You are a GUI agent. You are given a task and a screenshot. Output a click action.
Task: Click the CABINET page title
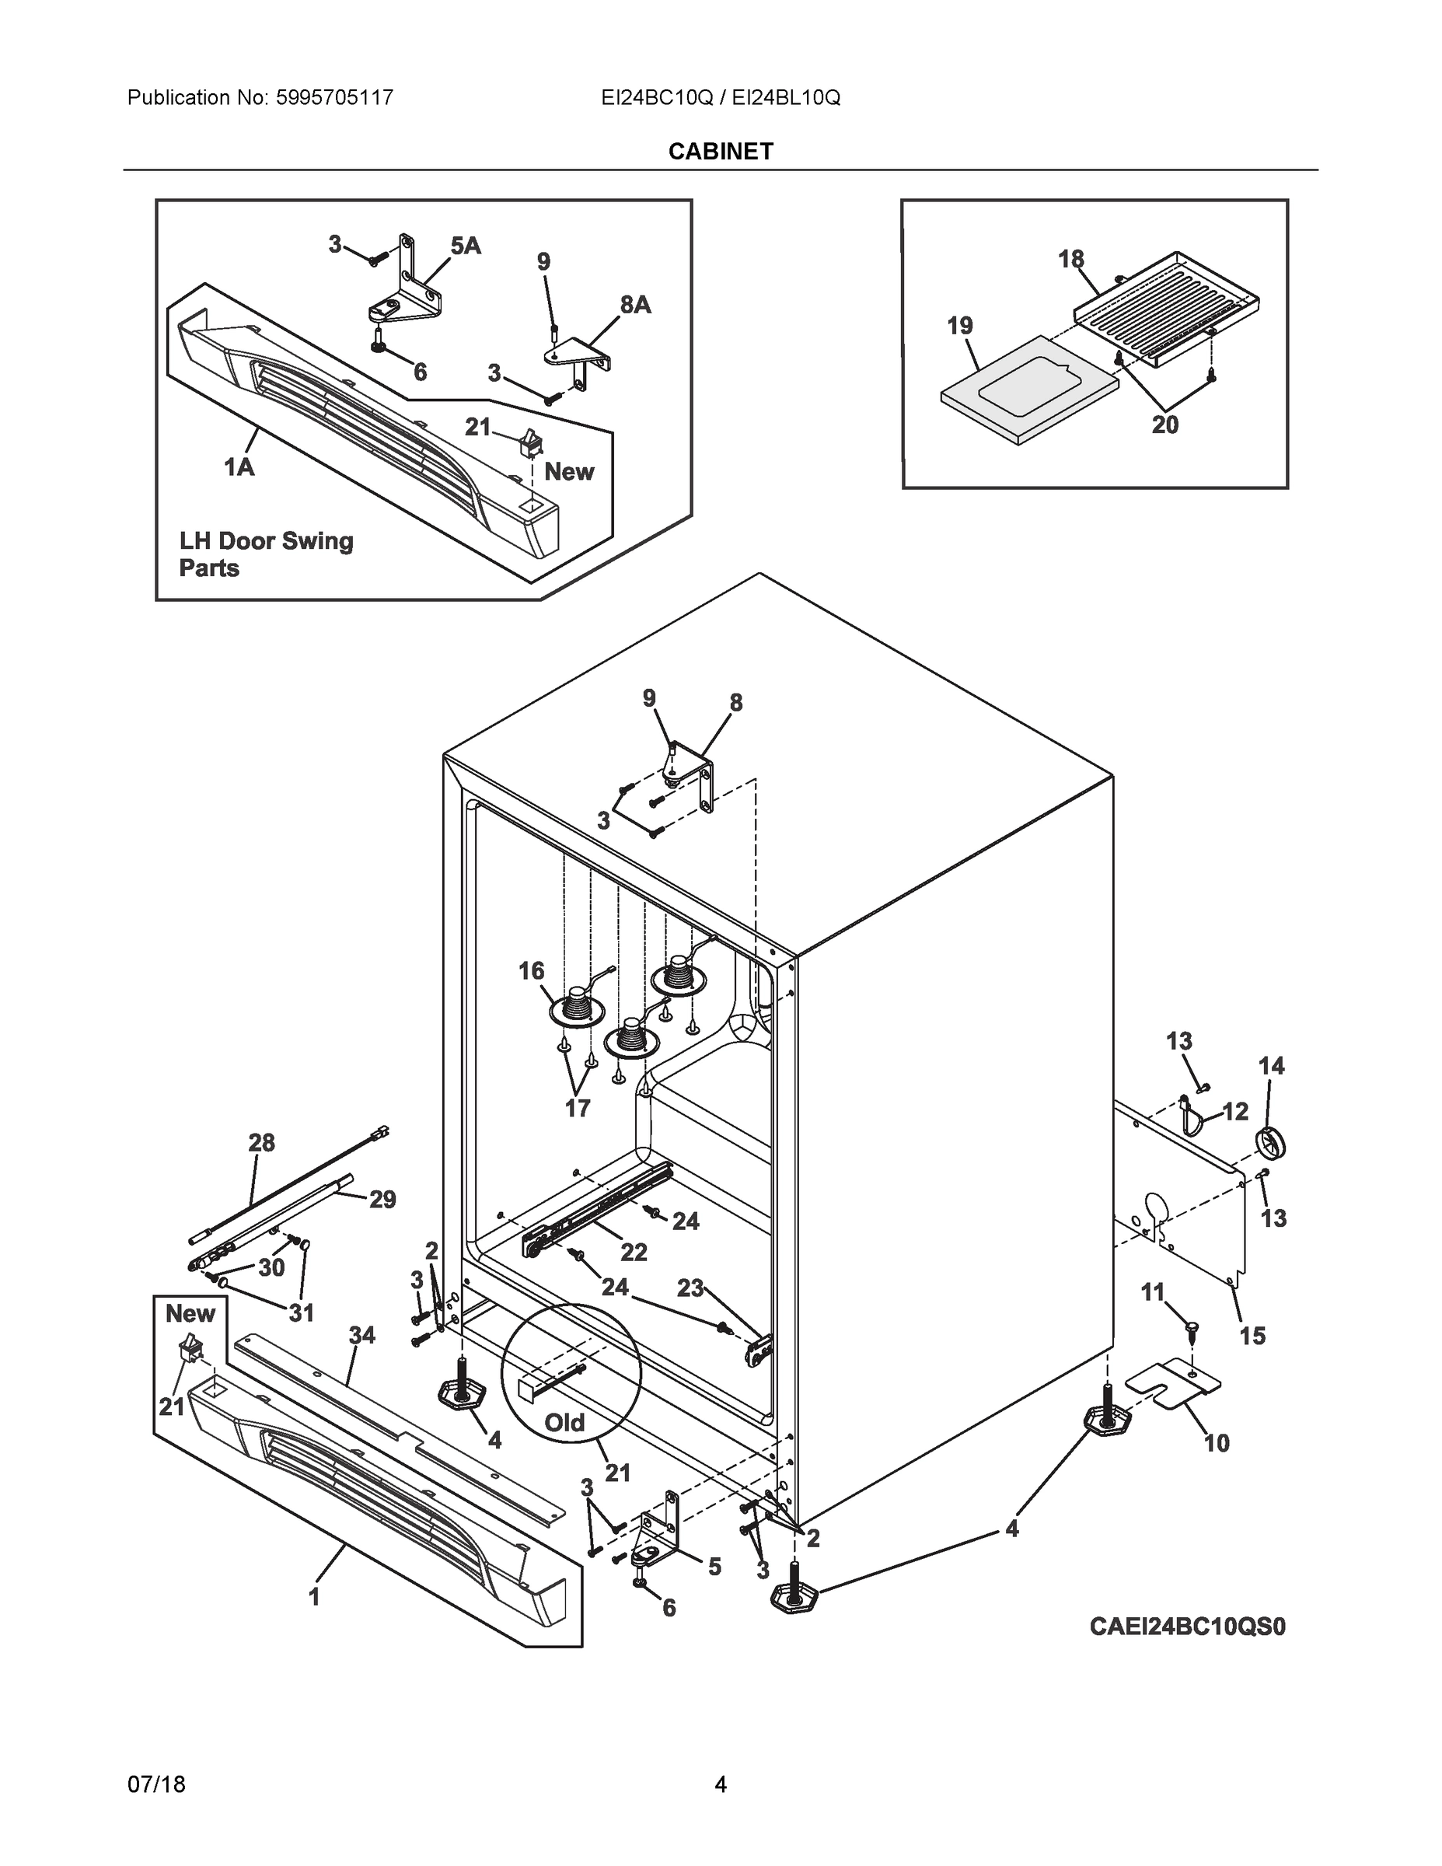(x=720, y=152)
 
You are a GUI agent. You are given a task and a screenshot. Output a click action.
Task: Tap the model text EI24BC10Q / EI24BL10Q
(x=720, y=98)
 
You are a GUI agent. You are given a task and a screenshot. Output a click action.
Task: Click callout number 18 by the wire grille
(x=1070, y=259)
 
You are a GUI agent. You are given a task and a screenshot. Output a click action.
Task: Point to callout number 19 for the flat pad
(x=959, y=326)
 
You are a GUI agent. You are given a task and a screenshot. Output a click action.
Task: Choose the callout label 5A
(x=466, y=246)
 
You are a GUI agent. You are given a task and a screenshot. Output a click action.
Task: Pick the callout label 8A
(x=635, y=304)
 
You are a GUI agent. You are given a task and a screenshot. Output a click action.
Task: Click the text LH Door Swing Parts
(x=265, y=554)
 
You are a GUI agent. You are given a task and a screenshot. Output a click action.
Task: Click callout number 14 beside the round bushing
(x=1271, y=1065)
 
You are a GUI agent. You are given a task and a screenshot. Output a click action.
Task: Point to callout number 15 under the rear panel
(x=1252, y=1336)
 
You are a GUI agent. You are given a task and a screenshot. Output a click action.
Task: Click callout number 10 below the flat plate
(x=1217, y=1443)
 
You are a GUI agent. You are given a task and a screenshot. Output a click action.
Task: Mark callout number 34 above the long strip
(x=362, y=1334)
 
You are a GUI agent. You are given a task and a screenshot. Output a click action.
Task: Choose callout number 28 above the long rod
(x=261, y=1142)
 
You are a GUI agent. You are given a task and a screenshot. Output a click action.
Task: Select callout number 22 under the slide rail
(x=633, y=1253)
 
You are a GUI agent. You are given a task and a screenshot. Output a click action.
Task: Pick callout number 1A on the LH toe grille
(x=239, y=466)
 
